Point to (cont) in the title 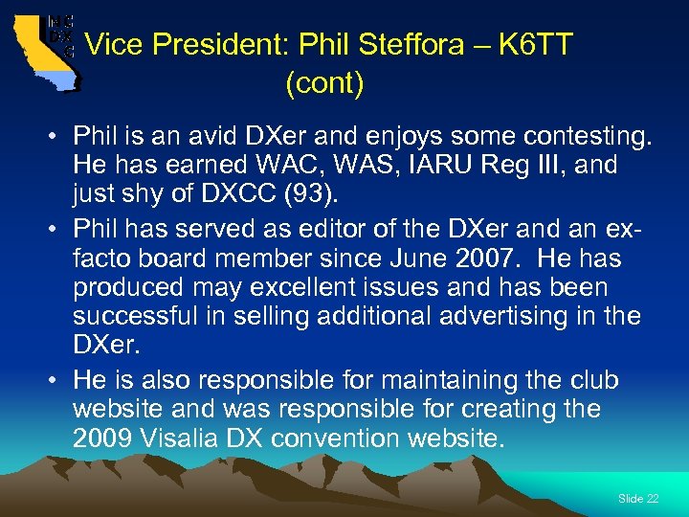[324, 84]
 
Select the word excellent [289, 286]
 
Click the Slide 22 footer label [638, 499]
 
